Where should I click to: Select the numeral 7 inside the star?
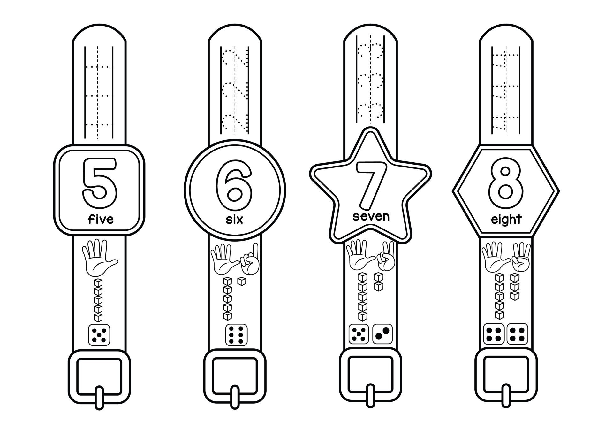[370, 184]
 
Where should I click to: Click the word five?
[101, 219]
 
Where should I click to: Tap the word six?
[234, 219]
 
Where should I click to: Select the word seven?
[371, 216]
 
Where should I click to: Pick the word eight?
[506, 220]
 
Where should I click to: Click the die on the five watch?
[99, 335]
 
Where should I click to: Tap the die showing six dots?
[236, 335]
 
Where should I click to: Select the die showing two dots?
[382, 334]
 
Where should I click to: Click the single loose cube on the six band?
[242, 282]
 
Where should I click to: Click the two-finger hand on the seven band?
[386, 259]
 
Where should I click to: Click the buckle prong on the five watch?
[99, 398]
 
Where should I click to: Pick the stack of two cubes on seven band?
[379, 282]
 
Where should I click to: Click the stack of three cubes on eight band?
[514, 286]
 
